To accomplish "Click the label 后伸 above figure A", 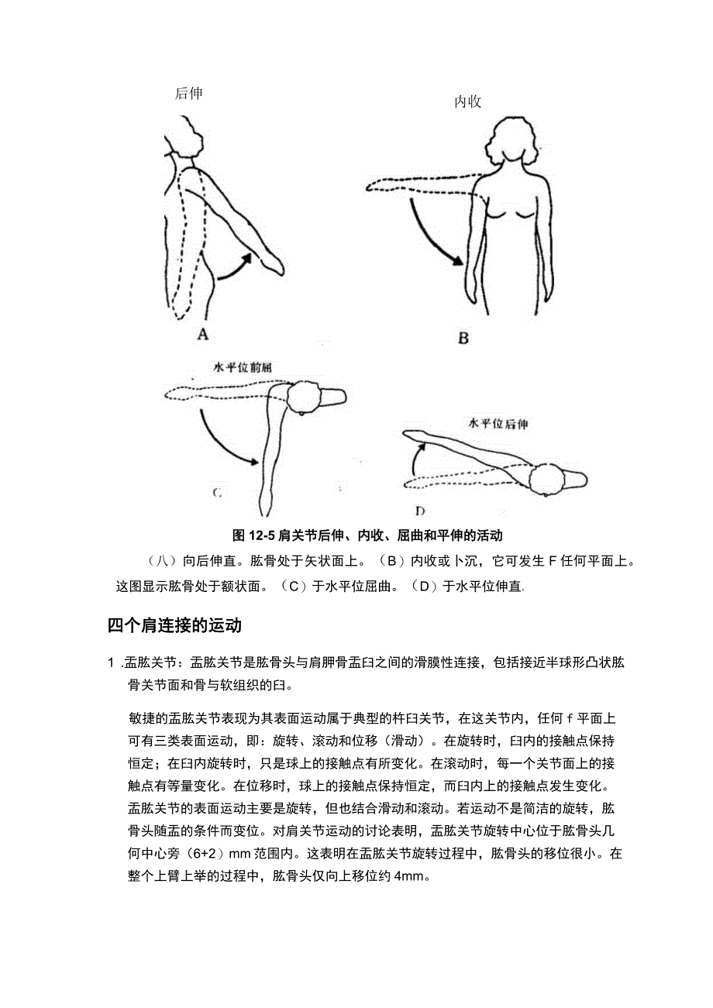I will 188,94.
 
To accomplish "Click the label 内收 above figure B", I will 467,102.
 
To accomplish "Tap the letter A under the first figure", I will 203,335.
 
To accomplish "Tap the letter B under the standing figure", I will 463,338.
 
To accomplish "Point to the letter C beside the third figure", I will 218,491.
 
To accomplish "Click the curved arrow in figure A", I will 234,267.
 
